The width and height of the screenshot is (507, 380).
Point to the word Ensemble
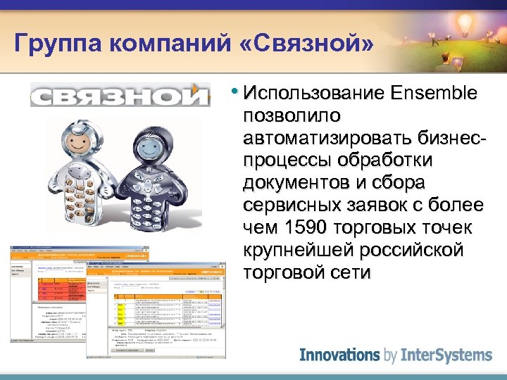tap(432, 94)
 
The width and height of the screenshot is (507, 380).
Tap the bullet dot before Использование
tap(234, 92)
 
